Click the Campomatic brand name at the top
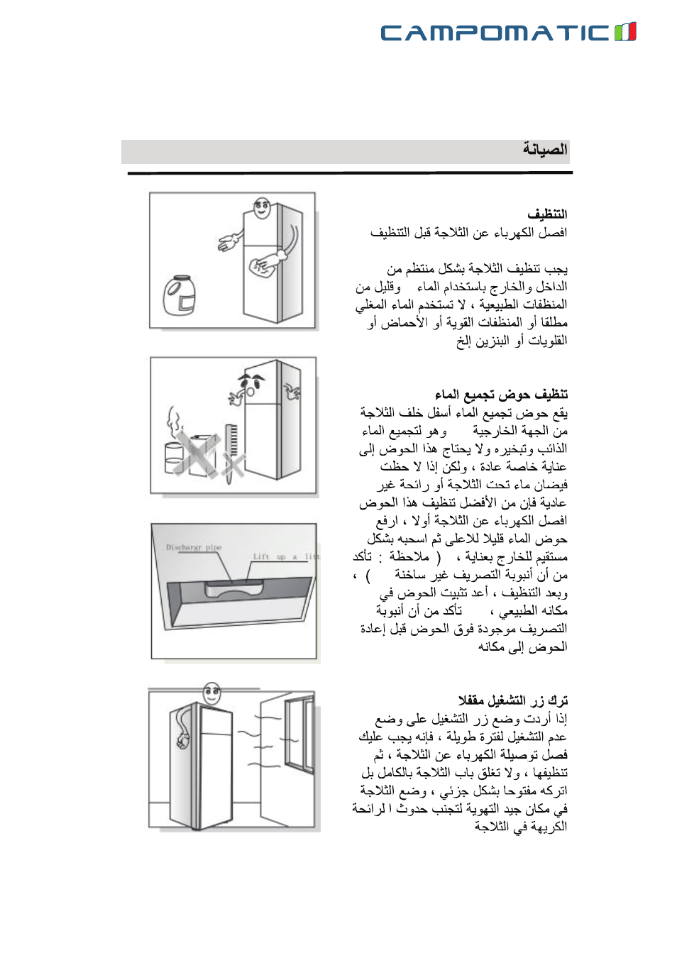(x=495, y=33)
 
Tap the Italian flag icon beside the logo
(x=625, y=32)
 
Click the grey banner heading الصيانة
(x=544, y=150)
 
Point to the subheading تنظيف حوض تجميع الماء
(x=501, y=394)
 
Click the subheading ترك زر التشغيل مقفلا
(x=512, y=700)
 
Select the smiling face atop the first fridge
(x=262, y=208)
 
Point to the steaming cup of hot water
(x=175, y=454)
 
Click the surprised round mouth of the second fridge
(x=251, y=391)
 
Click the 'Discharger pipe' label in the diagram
(x=194, y=547)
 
